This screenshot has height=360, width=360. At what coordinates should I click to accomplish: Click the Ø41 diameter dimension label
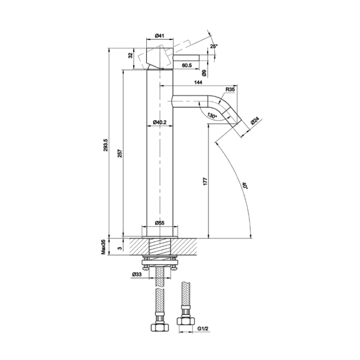point(159,36)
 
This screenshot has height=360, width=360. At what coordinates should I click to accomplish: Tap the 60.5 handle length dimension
point(187,66)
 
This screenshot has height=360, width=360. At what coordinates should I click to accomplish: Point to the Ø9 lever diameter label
point(204,73)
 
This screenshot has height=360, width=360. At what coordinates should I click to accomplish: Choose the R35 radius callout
point(231,90)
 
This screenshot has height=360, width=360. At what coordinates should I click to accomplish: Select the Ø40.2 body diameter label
point(160,123)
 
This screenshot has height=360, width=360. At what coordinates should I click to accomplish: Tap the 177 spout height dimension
point(205,182)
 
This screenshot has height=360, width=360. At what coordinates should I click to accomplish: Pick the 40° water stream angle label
point(244,185)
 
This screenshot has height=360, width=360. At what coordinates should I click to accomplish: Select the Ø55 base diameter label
point(160,223)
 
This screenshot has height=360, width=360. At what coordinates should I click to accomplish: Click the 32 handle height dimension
point(129,55)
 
